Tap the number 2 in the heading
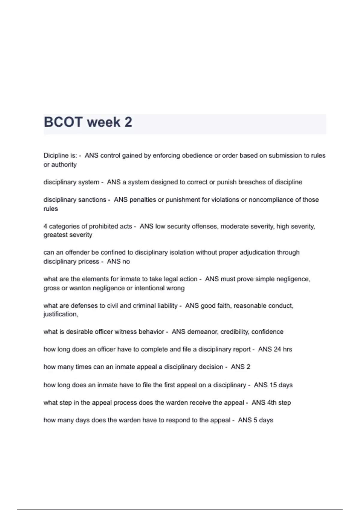click(x=128, y=122)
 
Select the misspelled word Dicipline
click(x=56, y=155)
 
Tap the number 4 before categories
click(x=45, y=226)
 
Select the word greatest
click(x=55, y=235)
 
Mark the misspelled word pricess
click(x=88, y=262)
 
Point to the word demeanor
click(x=202, y=332)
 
